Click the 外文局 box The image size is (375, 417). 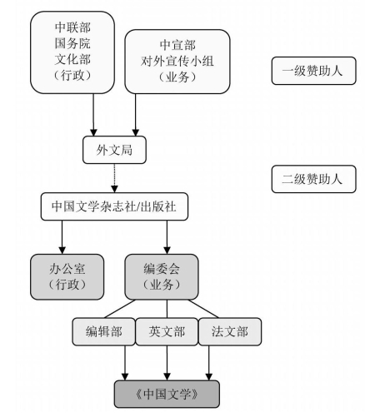point(114,150)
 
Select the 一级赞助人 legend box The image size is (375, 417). point(313,71)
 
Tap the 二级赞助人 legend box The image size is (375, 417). point(313,179)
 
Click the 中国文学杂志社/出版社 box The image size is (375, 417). point(114,206)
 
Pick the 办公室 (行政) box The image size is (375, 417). point(67,277)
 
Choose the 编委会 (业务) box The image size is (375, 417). point(162,277)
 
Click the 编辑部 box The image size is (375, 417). point(104,331)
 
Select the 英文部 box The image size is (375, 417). point(167,331)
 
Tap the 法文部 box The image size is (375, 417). point(230,331)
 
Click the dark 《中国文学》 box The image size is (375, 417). point(167,394)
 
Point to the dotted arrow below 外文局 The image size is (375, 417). point(114,178)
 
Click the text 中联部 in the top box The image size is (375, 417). point(72,27)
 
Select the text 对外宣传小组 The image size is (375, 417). point(177,61)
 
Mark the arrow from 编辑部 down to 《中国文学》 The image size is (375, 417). point(125,363)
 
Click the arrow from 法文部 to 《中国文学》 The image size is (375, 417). point(209,363)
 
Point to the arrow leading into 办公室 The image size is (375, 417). point(62,237)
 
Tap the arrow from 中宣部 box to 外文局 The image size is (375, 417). point(136,115)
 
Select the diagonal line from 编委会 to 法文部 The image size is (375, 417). point(203,309)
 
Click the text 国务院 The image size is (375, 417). point(72,43)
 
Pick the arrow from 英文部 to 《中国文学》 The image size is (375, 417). point(167,363)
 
